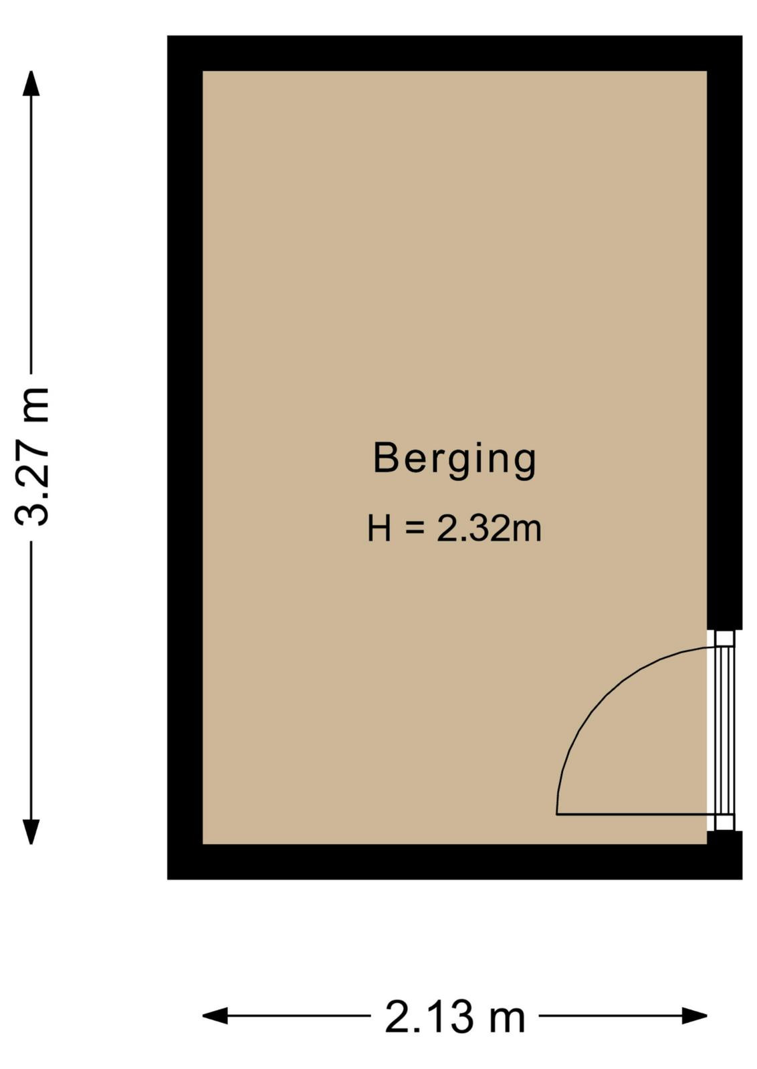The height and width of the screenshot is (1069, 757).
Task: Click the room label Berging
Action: (x=454, y=460)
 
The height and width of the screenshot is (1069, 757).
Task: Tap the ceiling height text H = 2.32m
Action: (x=454, y=528)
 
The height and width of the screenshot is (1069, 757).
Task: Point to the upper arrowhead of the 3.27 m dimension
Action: (x=31, y=84)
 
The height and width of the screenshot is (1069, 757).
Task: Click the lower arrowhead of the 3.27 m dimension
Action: (x=31, y=831)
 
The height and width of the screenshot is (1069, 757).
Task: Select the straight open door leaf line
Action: (x=632, y=814)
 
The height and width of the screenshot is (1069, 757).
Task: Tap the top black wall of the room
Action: (x=455, y=53)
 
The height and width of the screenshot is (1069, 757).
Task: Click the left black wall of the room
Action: (x=185, y=457)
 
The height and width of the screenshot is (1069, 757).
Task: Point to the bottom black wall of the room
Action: (x=455, y=861)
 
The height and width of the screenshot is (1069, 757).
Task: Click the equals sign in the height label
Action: (x=415, y=528)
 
